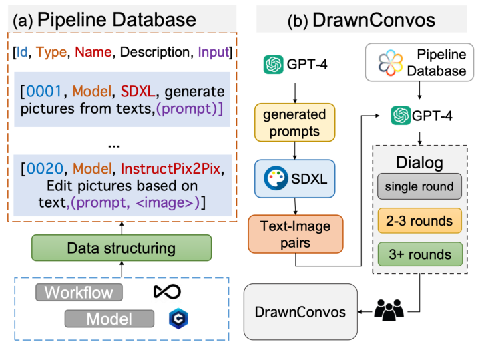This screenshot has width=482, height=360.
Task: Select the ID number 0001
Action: coord(45,90)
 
